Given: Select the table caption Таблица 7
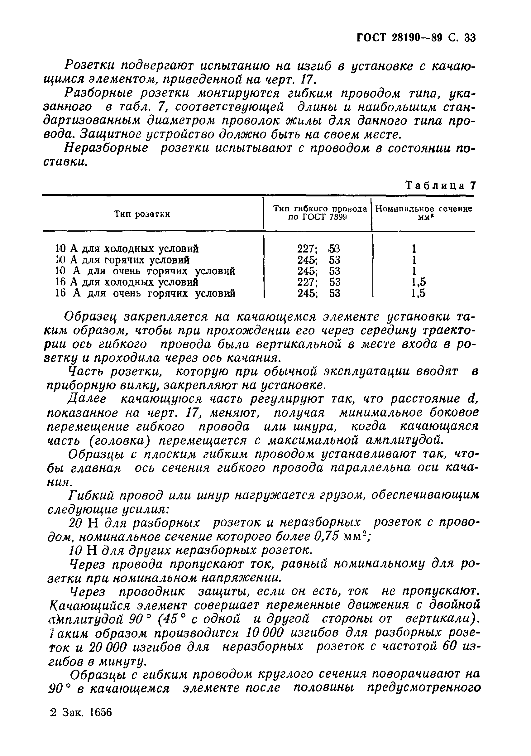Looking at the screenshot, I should [x=440, y=186].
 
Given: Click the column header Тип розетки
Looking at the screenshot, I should [x=142, y=214].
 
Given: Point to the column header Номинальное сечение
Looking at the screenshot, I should [x=423, y=209].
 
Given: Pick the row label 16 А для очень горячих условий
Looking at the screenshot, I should [x=145, y=293].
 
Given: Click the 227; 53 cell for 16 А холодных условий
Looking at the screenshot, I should [x=318, y=282].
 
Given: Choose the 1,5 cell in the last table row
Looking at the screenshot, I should [x=418, y=293].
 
